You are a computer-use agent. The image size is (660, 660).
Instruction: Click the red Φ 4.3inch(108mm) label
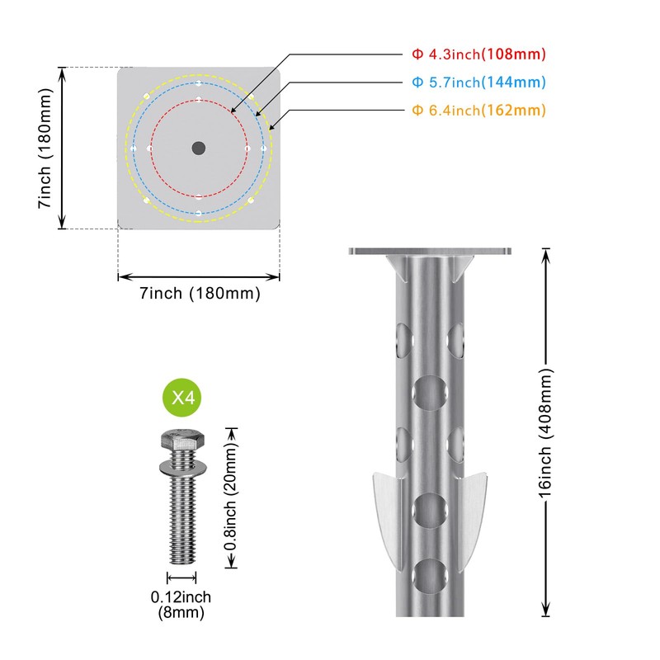(x=478, y=54)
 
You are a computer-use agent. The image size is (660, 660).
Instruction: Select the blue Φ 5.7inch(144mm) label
(x=478, y=82)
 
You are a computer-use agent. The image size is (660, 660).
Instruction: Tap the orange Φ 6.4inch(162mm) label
(x=478, y=111)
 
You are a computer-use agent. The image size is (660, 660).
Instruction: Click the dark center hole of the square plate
(x=199, y=148)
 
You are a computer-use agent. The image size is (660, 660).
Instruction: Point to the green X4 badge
(x=181, y=398)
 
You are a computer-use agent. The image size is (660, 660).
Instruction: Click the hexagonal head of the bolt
(x=182, y=441)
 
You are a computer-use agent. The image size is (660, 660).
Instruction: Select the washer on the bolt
(x=182, y=466)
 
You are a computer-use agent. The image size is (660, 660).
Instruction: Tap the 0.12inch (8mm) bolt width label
(x=181, y=605)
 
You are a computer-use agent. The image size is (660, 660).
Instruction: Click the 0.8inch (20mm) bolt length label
(x=230, y=497)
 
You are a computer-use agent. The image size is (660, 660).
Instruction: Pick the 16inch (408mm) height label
(x=545, y=432)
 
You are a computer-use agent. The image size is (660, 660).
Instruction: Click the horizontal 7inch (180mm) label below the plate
(x=200, y=294)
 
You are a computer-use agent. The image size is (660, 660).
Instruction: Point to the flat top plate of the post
(x=430, y=252)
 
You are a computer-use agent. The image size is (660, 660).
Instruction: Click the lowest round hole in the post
(x=430, y=576)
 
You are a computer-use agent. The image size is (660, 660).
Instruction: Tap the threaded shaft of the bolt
(x=182, y=518)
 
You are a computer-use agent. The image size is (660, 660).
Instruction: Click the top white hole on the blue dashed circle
(x=199, y=83)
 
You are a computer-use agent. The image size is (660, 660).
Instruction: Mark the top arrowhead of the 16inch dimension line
(x=545, y=255)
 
